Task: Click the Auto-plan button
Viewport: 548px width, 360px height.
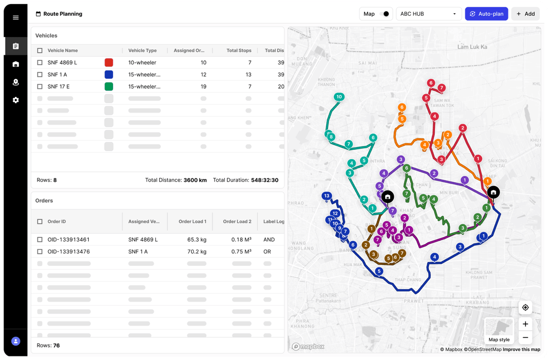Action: point(486,14)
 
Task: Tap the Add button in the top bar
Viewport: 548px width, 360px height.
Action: point(525,14)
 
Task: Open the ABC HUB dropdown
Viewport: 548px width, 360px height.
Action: point(428,14)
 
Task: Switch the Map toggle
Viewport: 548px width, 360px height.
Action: point(386,14)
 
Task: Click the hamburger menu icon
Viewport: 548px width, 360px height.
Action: point(16,17)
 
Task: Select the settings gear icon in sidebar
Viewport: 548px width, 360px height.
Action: point(16,100)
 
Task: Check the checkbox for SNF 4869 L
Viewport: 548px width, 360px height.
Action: point(40,62)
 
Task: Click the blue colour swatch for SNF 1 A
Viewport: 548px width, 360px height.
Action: point(109,75)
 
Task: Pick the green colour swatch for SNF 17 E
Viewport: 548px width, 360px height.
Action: point(109,87)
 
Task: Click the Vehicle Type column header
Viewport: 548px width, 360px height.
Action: point(143,51)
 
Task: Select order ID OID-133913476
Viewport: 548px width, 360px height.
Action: point(68,251)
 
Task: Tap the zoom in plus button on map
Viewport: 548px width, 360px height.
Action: point(525,324)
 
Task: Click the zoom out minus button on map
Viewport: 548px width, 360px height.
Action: point(525,337)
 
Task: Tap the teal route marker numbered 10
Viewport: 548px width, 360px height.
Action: point(339,97)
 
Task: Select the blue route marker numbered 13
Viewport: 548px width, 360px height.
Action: point(326,196)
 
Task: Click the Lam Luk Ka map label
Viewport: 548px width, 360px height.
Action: point(472,47)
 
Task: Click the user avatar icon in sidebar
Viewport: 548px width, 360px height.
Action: point(16,341)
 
